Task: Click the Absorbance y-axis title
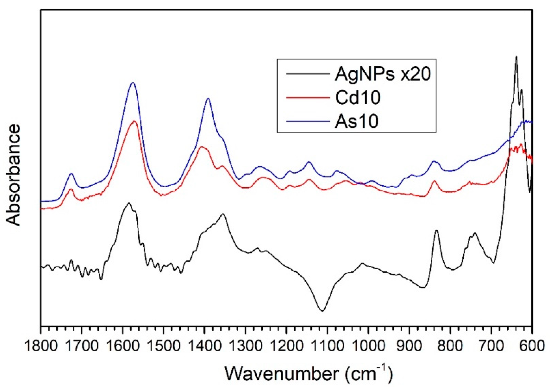(x=13, y=175)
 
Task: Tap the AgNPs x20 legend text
(x=382, y=74)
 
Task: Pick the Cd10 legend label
(x=357, y=98)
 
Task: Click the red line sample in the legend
(x=307, y=98)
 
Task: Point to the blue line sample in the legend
(x=307, y=121)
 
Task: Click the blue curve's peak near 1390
(x=208, y=99)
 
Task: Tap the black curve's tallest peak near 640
(x=516, y=57)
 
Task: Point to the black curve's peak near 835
(x=436, y=230)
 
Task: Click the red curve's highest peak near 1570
(x=134, y=121)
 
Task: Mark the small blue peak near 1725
(x=71, y=174)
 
